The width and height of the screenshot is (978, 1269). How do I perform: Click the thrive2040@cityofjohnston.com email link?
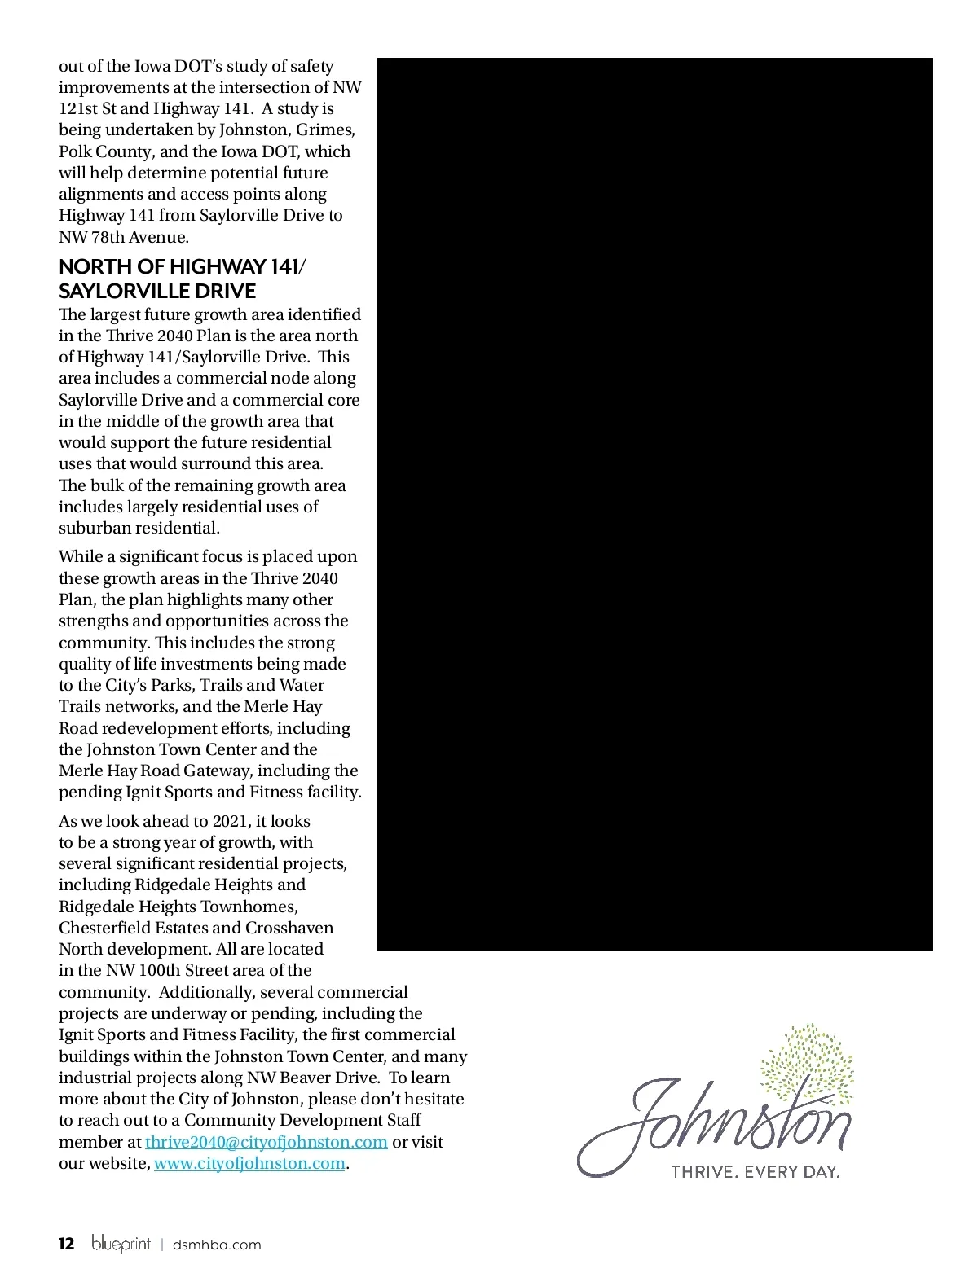(266, 1142)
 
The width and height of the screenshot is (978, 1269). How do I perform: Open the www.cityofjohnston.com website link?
(249, 1163)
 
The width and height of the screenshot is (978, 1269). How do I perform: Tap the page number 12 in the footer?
(67, 1244)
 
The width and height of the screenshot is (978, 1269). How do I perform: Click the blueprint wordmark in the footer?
(121, 1244)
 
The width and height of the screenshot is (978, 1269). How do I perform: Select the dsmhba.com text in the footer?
(217, 1245)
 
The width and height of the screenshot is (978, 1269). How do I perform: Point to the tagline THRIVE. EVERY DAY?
(755, 1172)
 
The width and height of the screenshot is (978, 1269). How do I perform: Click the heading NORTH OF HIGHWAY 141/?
(183, 267)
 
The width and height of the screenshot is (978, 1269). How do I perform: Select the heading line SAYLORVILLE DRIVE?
(157, 291)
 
